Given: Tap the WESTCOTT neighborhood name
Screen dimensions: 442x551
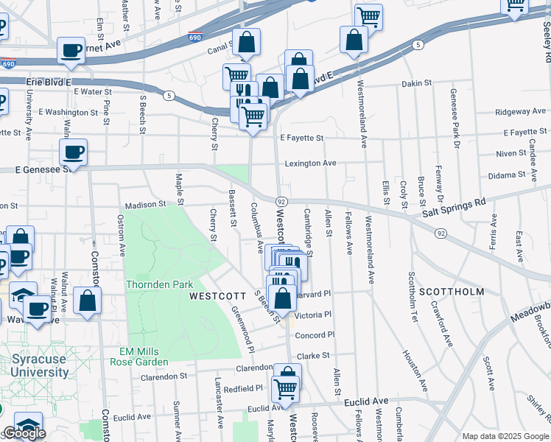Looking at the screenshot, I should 217,295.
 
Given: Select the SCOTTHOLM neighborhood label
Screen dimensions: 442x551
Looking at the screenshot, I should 452,292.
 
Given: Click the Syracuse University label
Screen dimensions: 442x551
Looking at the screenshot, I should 40,365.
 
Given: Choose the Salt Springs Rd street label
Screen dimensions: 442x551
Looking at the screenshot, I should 455,206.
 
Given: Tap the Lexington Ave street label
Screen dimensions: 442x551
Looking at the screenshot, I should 310,163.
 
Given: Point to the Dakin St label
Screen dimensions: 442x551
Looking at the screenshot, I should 416,83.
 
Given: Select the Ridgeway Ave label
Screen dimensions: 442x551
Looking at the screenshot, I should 521,112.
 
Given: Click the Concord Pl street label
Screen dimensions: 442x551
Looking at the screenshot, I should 315,335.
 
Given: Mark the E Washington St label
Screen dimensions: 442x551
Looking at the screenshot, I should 69,112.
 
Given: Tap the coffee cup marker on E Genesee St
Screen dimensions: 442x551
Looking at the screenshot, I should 73,152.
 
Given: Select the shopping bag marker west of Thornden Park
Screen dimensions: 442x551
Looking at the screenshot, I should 88,301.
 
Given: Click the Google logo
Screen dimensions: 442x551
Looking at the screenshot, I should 24,433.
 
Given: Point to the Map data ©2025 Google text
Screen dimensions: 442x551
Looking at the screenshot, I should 505,436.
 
